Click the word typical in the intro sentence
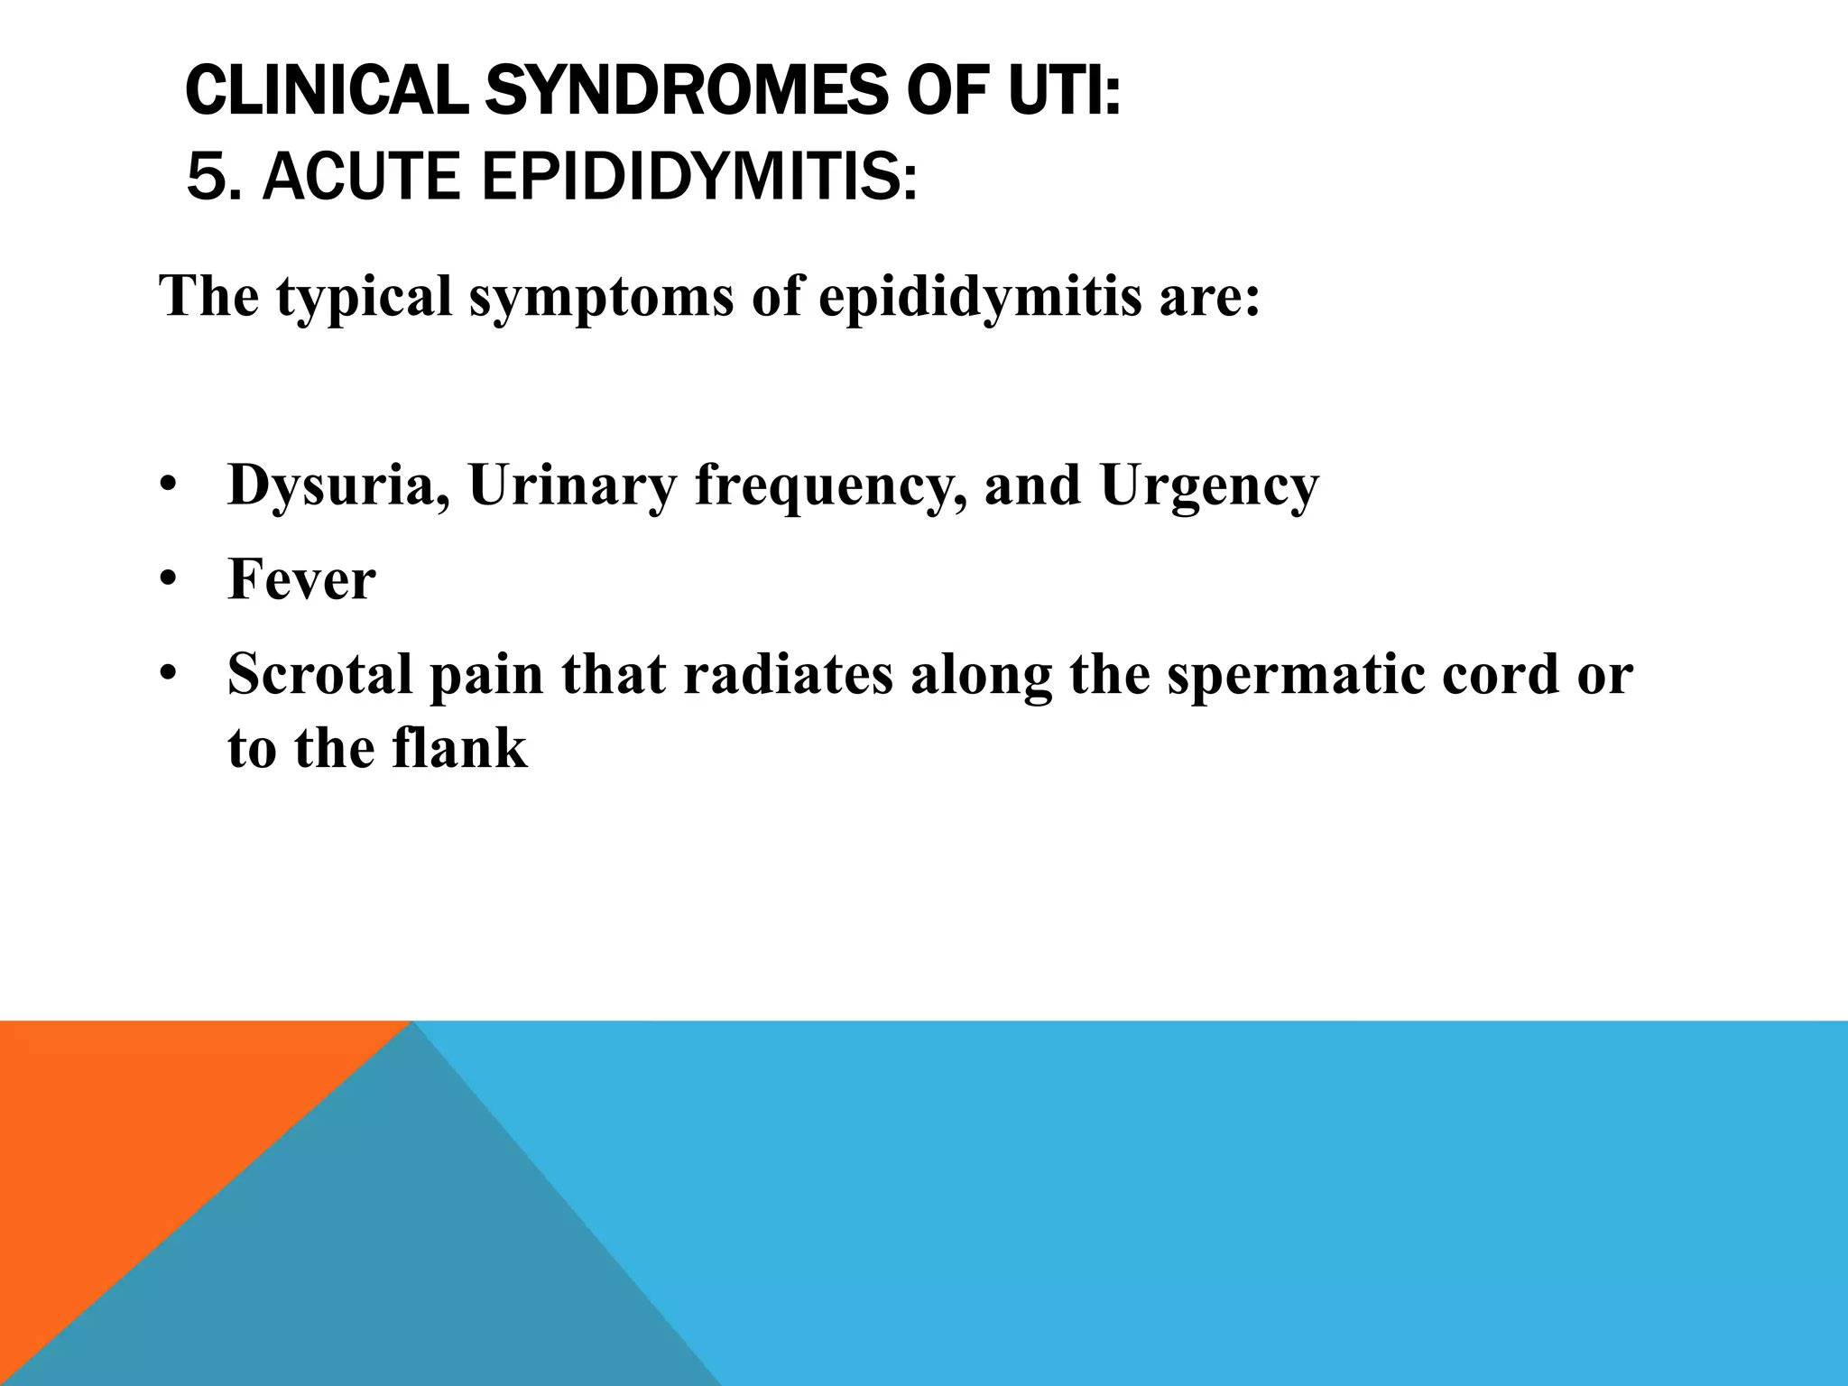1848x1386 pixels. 363,298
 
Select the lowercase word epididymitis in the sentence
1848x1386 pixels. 979,298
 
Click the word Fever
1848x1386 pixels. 301,579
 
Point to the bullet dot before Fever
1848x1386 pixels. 167,581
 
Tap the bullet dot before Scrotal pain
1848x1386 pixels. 167,675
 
